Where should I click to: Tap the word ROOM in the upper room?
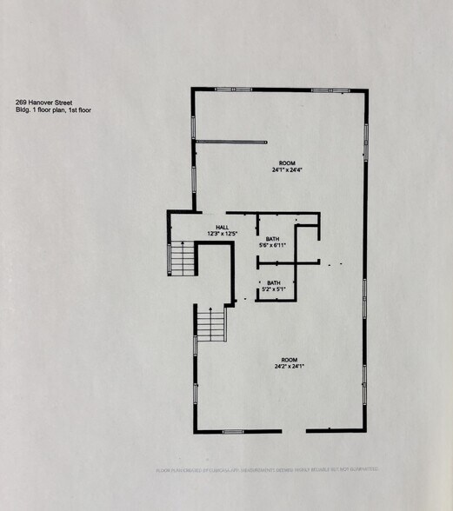coord(287,163)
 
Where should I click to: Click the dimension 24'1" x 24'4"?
coord(287,170)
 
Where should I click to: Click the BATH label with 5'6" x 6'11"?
coord(272,239)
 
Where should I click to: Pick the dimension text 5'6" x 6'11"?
coord(272,246)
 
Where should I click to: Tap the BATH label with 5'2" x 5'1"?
coord(273,282)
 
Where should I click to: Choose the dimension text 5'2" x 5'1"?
coord(273,289)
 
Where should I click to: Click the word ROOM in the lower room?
coord(288,360)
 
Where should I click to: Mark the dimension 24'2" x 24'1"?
coord(288,367)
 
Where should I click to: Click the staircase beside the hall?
coord(181,259)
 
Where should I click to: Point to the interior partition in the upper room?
coord(230,141)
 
